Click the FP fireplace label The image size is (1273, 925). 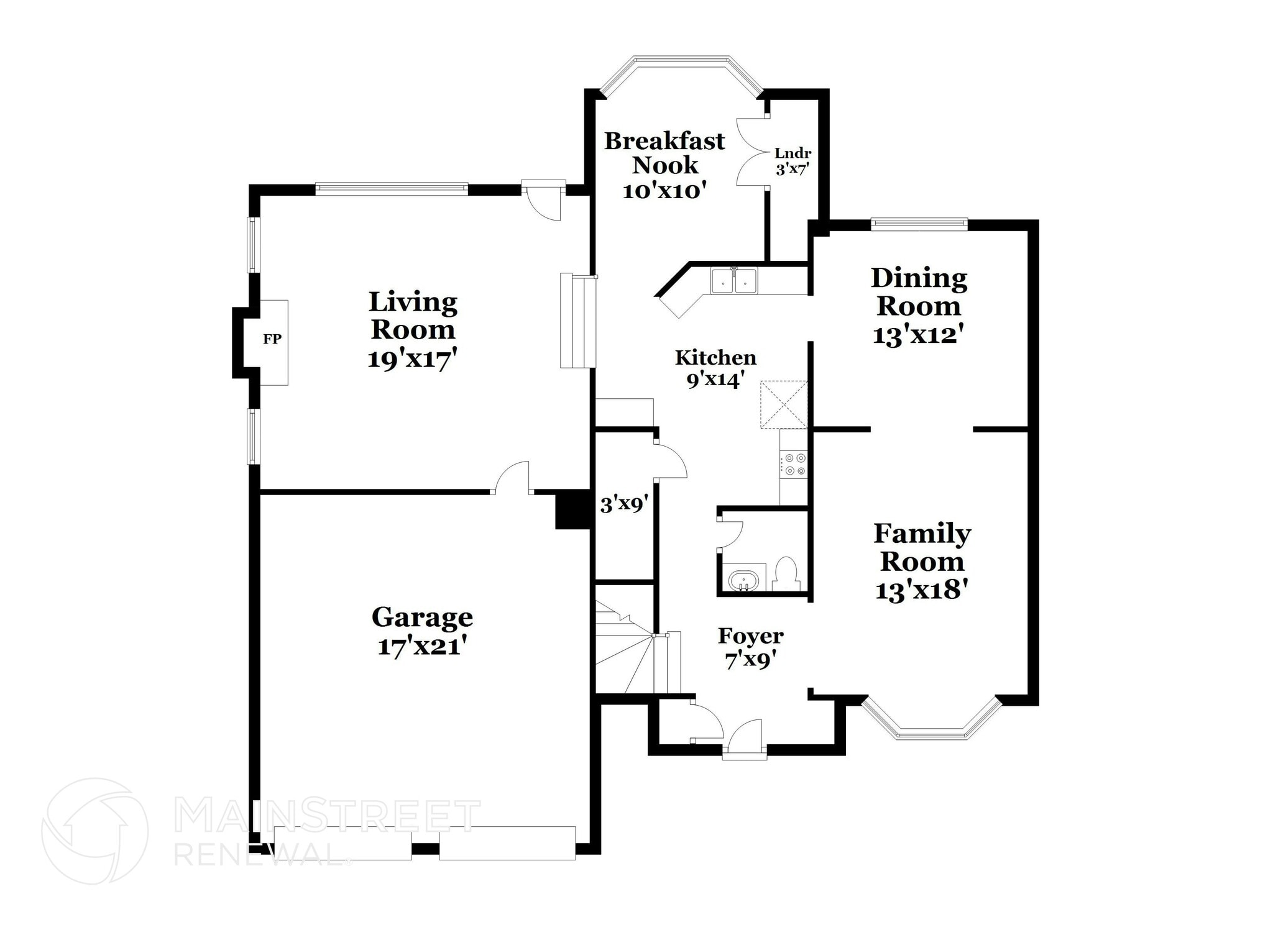tap(272, 339)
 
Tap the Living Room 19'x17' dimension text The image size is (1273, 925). tap(412, 360)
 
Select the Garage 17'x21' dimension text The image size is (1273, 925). tap(422, 647)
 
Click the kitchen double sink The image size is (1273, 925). tap(734, 281)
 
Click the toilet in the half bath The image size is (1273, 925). tap(786, 573)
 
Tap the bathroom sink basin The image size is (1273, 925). tap(743, 581)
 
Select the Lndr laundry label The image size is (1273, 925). tap(793, 153)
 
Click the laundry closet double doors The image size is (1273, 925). tap(750, 152)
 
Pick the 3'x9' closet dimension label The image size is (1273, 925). tap(624, 504)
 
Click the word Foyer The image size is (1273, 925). tap(750, 636)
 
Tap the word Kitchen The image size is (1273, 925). tap(715, 358)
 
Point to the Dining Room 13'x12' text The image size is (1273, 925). tap(919, 335)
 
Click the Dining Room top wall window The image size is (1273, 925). tap(919, 223)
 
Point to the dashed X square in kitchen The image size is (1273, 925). tap(784, 405)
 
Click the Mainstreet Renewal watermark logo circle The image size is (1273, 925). tap(94, 831)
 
